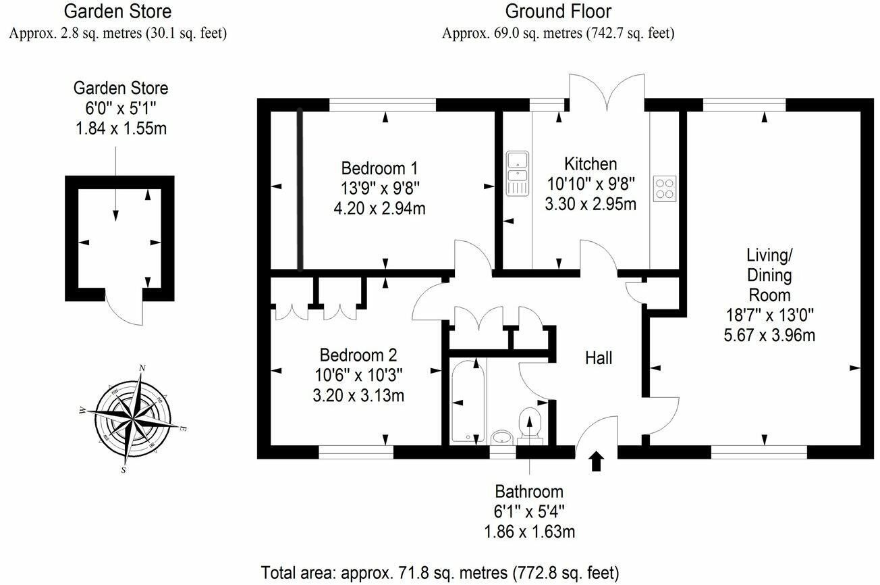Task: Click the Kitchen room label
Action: click(590, 164)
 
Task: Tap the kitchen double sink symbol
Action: click(518, 174)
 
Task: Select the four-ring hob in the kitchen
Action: click(665, 188)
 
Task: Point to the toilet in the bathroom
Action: click(530, 426)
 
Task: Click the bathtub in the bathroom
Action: click(468, 401)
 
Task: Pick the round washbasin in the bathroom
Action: click(502, 438)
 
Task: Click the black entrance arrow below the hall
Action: click(597, 461)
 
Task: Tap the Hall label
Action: click(599, 358)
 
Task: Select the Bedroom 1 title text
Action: click(379, 168)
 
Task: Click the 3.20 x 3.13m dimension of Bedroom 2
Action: click(358, 395)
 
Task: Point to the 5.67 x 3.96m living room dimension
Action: click(769, 335)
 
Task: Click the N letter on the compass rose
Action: click(142, 368)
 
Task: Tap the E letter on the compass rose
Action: click(182, 428)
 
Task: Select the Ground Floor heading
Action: click(558, 11)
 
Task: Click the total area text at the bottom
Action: click(440, 573)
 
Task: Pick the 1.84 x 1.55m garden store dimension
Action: click(121, 128)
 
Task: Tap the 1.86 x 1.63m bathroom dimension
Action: click(529, 532)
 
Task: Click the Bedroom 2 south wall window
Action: click(356, 452)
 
